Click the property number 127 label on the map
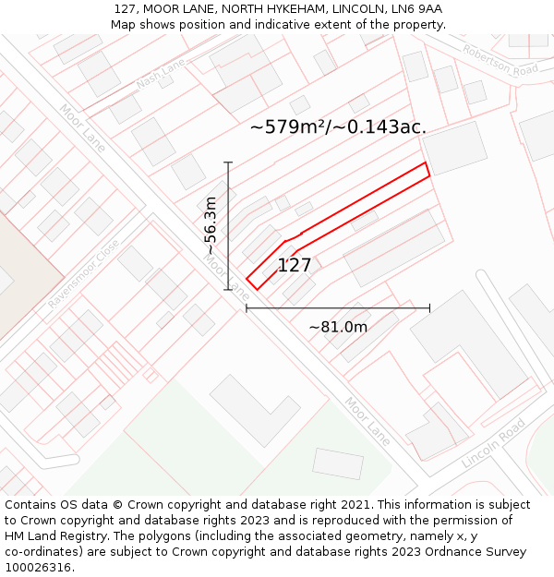tap(295, 266)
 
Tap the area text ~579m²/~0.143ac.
tap(338, 127)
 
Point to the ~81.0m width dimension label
tap(338, 327)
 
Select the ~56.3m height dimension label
tap(211, 226)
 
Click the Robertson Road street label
tap(500, 60)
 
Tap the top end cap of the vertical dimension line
tap(228, 162)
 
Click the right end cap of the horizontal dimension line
tap(429, 308)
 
